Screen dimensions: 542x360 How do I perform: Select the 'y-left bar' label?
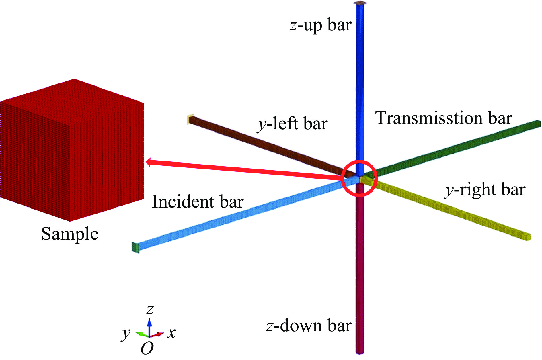[x=292, y=124]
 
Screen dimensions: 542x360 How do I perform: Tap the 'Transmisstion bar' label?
[x=444, y=118]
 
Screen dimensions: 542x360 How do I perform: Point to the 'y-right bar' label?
[x=485, y=190]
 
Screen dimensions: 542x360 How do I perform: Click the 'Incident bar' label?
[x=198, y=201]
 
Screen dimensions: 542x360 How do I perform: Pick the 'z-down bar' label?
[x=309, y=326]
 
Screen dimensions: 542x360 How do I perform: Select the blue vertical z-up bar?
[x=360, y=86]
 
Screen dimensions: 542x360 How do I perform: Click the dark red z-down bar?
[x=360, y=268]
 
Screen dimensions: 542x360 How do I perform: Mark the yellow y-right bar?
[x=446, y=208]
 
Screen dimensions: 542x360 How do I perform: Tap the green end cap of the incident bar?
[x=135, y=248]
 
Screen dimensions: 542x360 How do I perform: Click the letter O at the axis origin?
[x=147, y=348]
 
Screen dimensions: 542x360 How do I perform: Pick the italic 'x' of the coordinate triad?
[x=171, y=333]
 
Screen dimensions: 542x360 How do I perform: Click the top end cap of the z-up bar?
[x=360, y=3]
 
